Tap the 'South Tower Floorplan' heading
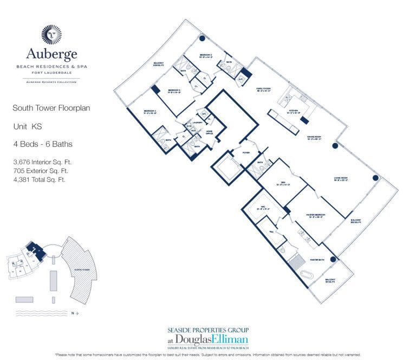(51, 108)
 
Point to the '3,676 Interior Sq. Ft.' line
(43, 162)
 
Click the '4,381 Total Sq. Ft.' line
(40, 179)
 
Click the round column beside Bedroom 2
(202, 38)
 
